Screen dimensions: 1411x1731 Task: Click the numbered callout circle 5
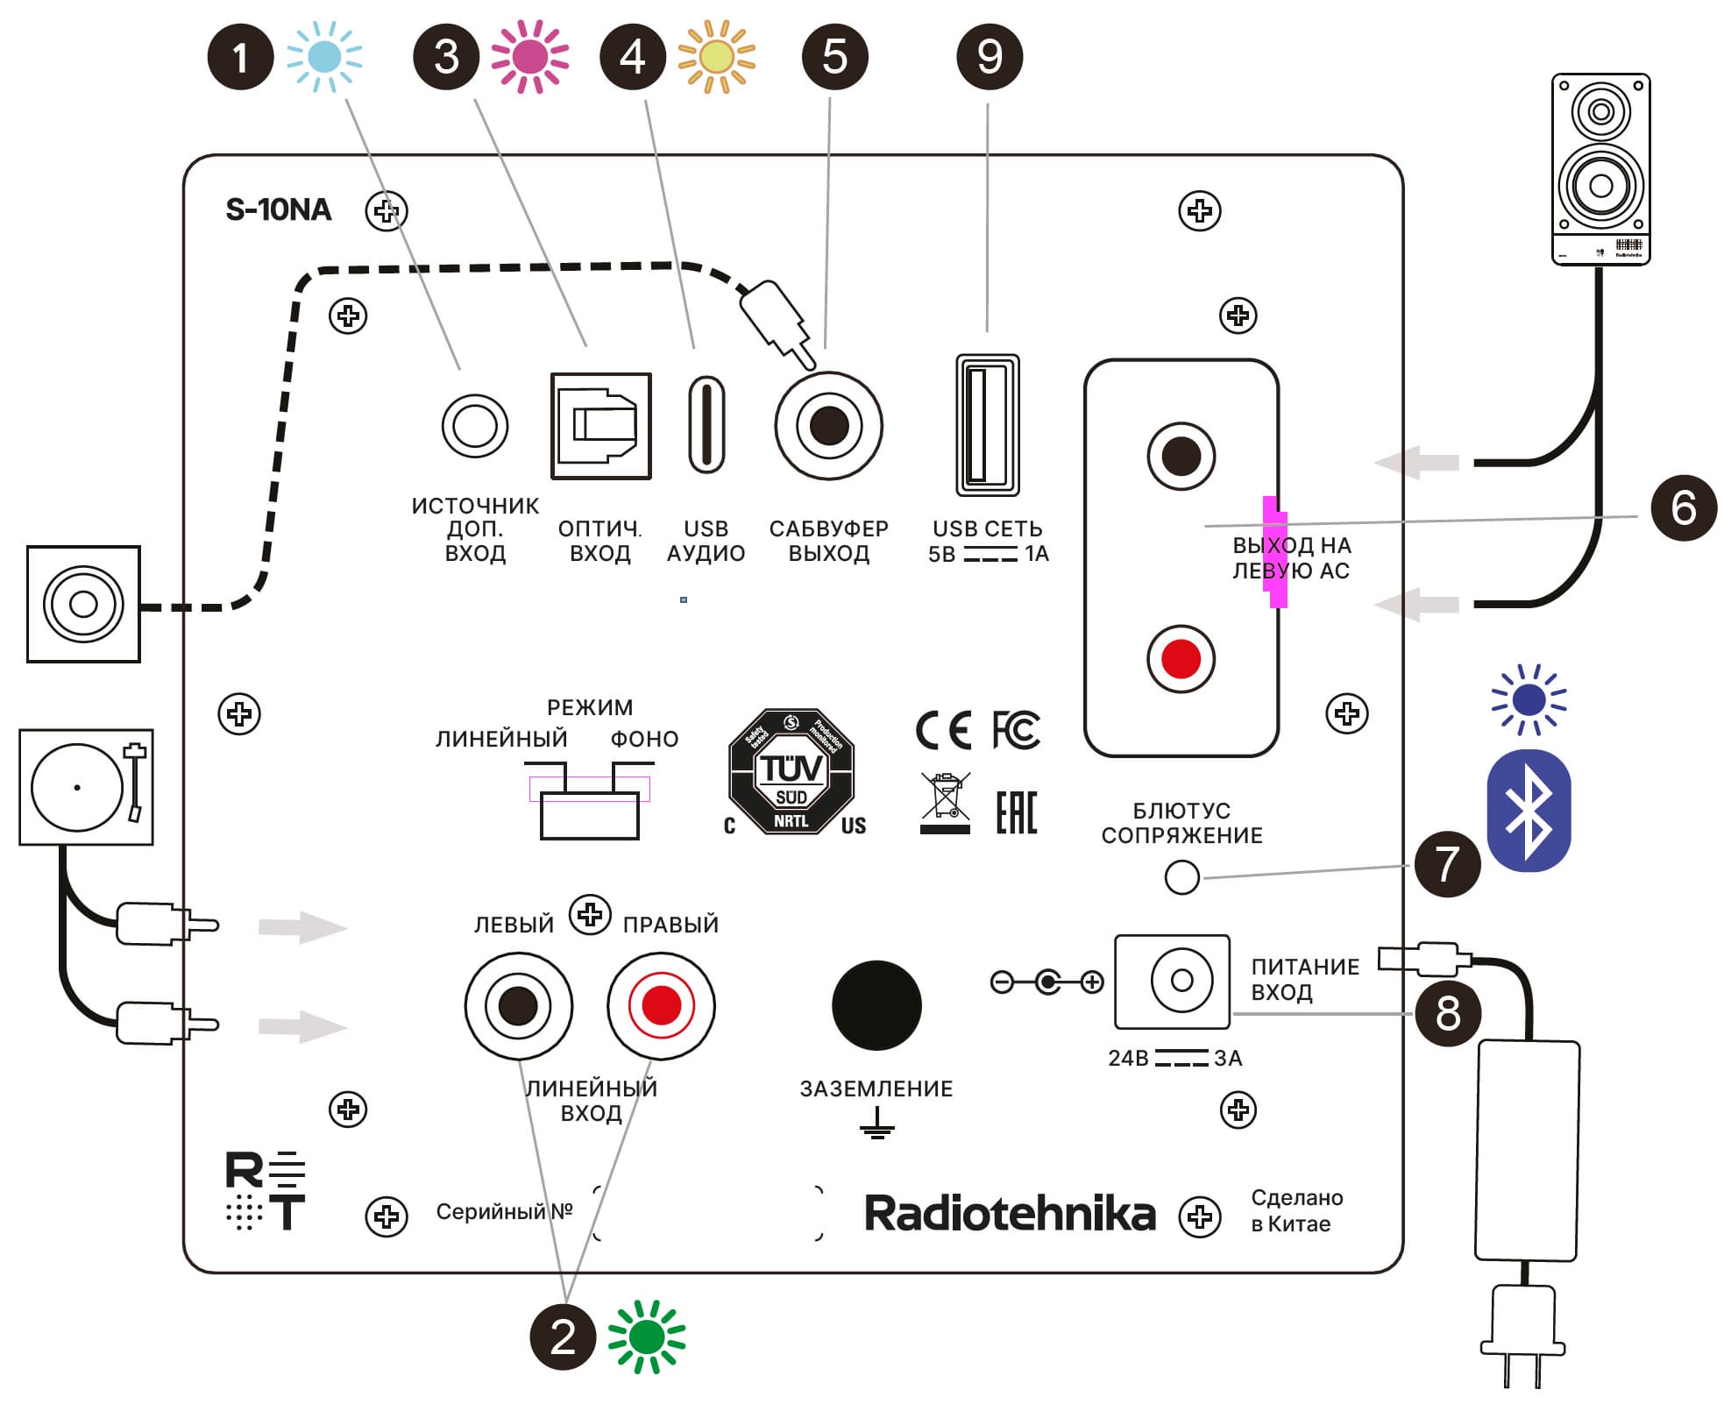tap(834, 57)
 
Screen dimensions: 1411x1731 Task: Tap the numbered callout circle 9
tap(990, 57)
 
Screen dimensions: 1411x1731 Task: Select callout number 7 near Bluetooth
tap(1447, 864)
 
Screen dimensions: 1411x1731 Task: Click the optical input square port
tap(601, 426)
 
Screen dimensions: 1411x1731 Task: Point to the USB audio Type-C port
tap(706, 425)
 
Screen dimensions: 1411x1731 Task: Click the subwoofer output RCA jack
tap(828, 426)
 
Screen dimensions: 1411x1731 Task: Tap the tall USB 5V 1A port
tap(988, 425)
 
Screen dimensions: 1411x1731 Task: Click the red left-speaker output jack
tap(1181, 659)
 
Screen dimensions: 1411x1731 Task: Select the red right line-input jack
tap(661, 1005)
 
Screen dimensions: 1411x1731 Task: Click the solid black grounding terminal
tap(876, 1005)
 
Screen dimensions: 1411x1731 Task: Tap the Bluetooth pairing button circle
tap(1181, 876)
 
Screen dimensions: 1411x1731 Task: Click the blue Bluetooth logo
tap(1529, 811)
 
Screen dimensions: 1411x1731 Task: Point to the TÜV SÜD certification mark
tap(791, 771)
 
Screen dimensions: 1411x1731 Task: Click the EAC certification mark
tap(1017, 812)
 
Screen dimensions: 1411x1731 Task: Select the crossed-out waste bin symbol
tap(945, 802)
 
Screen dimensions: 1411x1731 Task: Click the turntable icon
tap(86, 787)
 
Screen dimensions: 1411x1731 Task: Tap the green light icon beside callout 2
tap(647, 1337)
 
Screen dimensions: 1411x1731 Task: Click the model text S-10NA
tap(279, 209)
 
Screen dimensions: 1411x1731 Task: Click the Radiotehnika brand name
tap(1010, 1214)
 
